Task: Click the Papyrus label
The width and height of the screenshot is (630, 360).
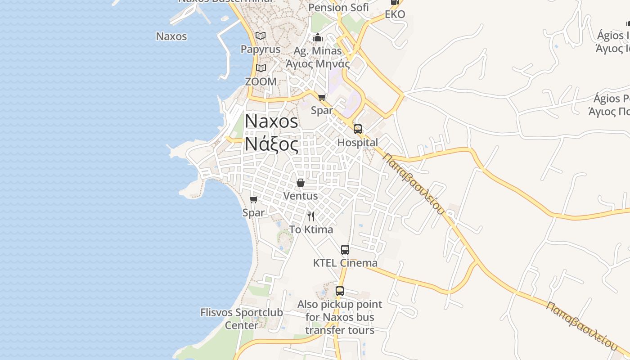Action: pos(260,49)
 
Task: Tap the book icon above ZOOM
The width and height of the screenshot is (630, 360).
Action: pos(261,68)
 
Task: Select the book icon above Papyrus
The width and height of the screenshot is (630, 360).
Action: pos(261,36)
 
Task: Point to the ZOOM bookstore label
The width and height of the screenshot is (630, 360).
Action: pos(261,81)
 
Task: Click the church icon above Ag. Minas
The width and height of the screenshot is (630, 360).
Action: pos(318,37)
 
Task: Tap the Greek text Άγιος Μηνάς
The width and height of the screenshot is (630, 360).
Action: pos(318,63)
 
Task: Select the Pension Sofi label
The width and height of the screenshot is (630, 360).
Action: pos(338,7)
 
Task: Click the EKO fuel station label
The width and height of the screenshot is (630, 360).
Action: pos(395,14)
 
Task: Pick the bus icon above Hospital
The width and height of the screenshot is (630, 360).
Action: pos(358,129)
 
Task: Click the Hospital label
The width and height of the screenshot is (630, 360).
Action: pos(358,143)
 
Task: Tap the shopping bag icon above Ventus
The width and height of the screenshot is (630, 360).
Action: pos(301,183)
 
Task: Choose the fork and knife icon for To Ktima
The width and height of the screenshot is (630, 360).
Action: pos(311,216)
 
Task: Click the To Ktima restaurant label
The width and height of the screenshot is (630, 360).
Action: pos(311,229)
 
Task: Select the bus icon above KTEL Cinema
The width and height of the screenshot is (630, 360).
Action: pos(345,250)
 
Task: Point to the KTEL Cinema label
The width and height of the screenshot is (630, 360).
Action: pos(345,263)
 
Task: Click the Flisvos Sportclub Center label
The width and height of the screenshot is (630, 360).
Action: pos(242,319)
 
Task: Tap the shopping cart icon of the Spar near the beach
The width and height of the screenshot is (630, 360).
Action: pos(254,199)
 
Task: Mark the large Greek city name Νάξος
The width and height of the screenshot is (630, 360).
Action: pos(271,144)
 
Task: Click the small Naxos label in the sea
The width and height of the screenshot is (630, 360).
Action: pos(171,36)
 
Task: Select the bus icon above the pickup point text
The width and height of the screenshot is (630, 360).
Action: pos(340,291)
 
